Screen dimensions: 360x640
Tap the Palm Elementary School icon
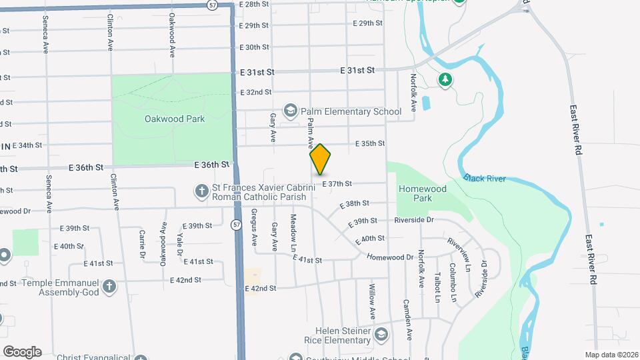pos(290,110)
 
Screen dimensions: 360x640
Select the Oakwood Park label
pos(174,119)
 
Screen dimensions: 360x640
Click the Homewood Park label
pos(422,193)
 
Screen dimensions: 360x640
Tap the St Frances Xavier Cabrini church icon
pos(201,192)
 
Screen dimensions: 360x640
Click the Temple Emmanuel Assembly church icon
pos(109,287)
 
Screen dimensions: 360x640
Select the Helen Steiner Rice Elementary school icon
pos(381,334)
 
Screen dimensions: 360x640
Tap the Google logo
pos(22,351)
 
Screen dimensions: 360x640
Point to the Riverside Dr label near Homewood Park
pos(414,219)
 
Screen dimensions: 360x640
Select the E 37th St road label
pos(337,184)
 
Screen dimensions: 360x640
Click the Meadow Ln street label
pos(293,229)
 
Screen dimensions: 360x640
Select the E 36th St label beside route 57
pos(212,164)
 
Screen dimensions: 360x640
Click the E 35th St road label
pos(370,143)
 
